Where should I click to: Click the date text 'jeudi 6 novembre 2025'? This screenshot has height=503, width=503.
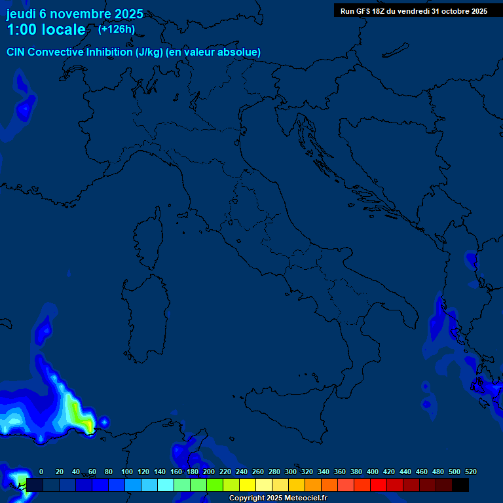click(x=75, y=14)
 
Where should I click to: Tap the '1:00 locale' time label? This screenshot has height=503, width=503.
click(x=46, y=29)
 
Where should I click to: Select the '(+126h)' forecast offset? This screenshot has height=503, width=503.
click(x=116, y=29)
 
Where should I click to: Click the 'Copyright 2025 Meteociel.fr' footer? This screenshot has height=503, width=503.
click(x=278, y=498)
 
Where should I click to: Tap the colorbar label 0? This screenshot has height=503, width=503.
click(x=41, y=472)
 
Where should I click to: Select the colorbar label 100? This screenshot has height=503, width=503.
click(x=127, y=472)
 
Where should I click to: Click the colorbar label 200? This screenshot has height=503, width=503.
click(x=209, y=472)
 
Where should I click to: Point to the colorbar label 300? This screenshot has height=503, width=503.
click(x=291, y=472)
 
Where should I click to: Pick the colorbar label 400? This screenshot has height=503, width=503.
click(x=373, y=472)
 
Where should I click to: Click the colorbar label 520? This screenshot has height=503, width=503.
click(x=470, y=472)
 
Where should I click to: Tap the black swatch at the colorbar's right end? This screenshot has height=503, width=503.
click(x=460, y=485)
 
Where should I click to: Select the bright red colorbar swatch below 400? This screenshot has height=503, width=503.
click(x=379, y=485)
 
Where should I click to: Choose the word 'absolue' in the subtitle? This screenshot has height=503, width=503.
click(x=241, y=52)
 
